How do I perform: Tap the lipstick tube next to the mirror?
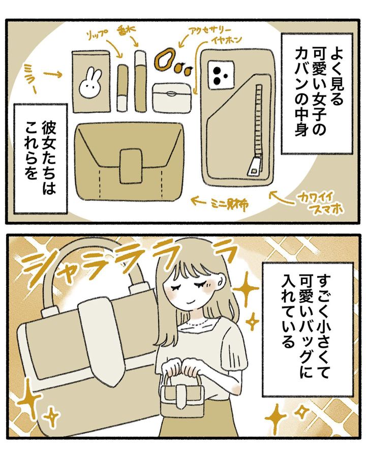pyautogui.click(x=123, y=87)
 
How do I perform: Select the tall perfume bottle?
pyautogui.click(x=140, y=81)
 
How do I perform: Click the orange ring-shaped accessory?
pyautogui.click(x=166, y=60)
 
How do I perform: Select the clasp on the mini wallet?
pyautogui.click(x=131, y=167)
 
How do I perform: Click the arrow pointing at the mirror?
pyautogui.click(x=52, y=75)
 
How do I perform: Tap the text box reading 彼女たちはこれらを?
pyautogui.click(x=41, y=158)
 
